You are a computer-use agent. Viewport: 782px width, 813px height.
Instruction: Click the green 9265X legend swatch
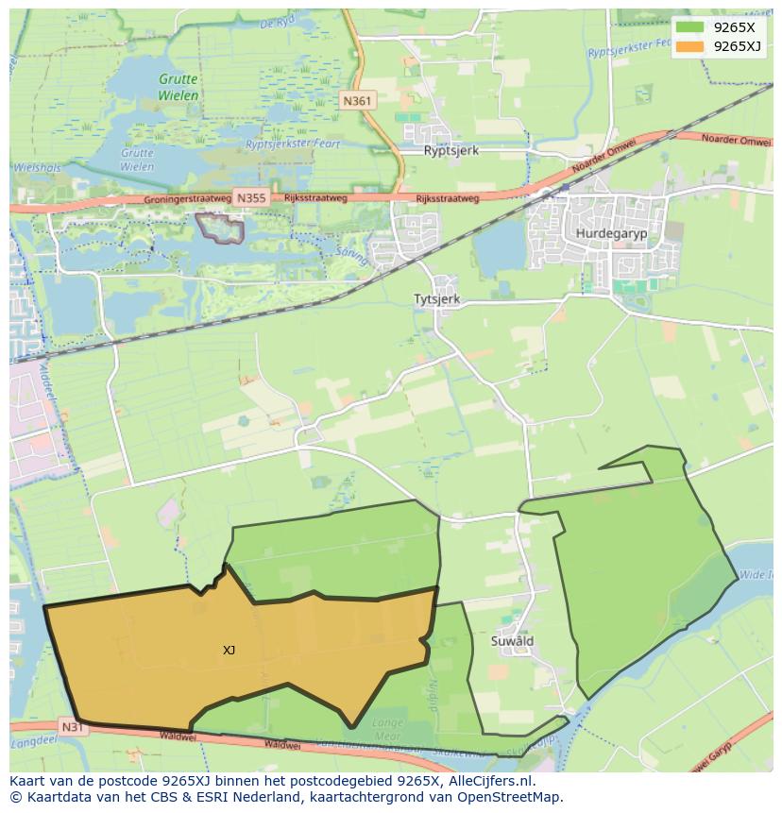click(x=689, y=28)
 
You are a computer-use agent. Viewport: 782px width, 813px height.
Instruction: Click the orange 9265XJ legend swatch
click(x=689, y=46)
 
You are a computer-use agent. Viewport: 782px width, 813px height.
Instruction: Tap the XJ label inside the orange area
click(x=229, y=651)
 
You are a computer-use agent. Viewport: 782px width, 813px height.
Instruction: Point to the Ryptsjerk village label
click(x=452, y=150)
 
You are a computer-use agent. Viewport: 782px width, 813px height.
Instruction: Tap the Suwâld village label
click(x=513, y=641)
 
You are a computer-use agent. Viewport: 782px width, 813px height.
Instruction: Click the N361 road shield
click(x=358, y=101)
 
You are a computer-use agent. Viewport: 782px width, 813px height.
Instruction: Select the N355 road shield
click(x=251, y=198)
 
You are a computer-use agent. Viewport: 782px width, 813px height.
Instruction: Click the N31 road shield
click(x=73, y=727)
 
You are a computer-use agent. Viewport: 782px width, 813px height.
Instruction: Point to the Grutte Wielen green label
click(x=178, y=88)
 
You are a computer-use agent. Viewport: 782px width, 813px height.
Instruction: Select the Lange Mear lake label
click(x=388, y=730)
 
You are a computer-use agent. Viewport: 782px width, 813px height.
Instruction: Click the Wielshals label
click(x=36, y=168)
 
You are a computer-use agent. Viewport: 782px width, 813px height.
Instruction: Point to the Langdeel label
click(x=28, y=746)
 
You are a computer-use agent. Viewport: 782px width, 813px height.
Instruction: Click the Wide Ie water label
click(x=756, y=574)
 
